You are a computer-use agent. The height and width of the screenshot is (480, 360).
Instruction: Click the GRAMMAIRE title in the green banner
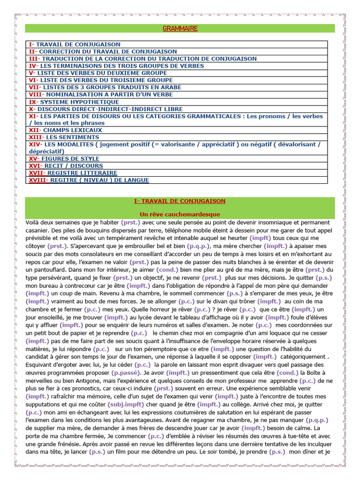click(x=180, y=29)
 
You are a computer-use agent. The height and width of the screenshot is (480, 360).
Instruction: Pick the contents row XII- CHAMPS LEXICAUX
click(x=65, y=130)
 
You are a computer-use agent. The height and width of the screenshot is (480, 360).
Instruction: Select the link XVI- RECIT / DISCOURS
click(x=66, y=166)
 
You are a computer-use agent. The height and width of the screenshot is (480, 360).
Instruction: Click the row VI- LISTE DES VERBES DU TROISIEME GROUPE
click(x=101, y=80)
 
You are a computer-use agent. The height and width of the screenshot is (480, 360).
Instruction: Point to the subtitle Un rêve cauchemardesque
click(x=180, y=214)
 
